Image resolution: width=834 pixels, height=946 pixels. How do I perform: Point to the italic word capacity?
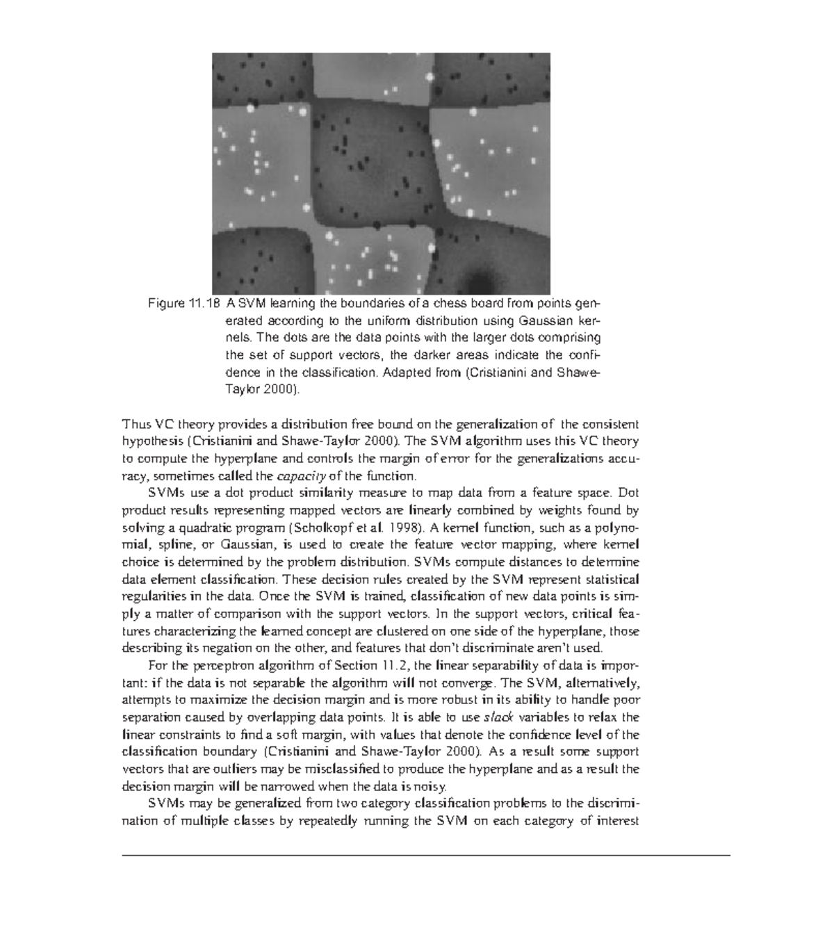point(300,476)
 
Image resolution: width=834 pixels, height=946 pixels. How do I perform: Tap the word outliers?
point(234,769)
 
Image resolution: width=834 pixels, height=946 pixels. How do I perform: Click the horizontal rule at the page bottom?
point(426,855)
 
